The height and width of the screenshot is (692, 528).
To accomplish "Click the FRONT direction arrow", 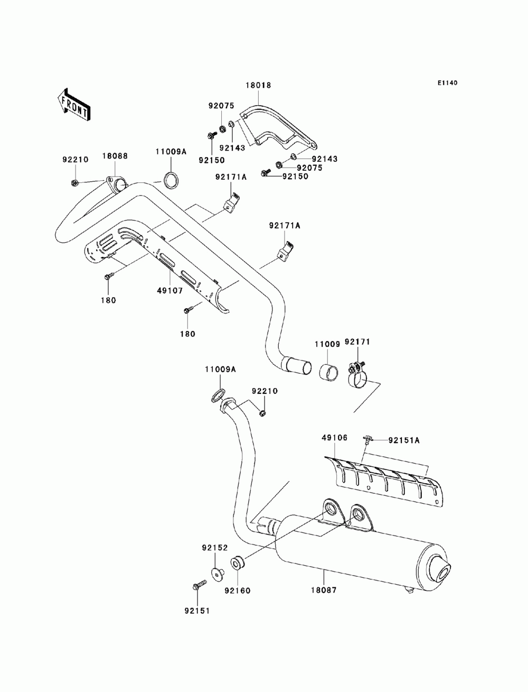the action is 74,104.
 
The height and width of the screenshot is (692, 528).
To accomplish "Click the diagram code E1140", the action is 447,83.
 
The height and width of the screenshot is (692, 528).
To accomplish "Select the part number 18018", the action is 258,85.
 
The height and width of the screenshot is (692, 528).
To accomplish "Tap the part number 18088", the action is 115,156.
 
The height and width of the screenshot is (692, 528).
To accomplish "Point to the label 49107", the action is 170,291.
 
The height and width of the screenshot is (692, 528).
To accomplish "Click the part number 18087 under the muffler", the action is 324,590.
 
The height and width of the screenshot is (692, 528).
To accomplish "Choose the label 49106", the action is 334,438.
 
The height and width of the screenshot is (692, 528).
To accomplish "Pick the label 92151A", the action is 404,440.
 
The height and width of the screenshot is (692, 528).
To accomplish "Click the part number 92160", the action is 238,590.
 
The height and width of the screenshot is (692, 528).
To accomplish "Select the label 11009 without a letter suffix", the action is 327,344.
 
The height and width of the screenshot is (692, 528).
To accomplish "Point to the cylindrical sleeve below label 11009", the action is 328,372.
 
